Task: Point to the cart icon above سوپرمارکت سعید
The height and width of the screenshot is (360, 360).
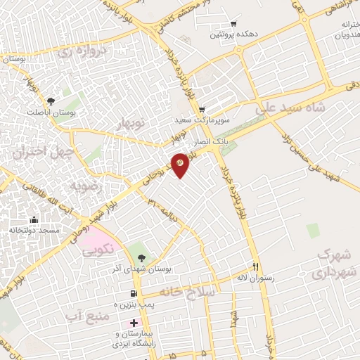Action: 202,110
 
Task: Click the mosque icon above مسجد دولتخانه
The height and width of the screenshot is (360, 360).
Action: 34,220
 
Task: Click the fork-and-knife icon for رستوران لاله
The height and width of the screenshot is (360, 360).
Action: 256,267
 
